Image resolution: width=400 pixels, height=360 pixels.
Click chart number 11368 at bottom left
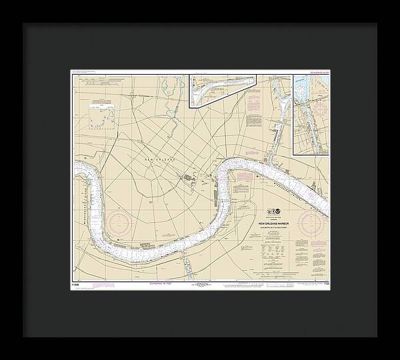pos(74,282)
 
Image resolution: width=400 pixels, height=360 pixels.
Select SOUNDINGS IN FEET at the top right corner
pos(317,71)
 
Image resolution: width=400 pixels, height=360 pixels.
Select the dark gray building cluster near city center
pos(189,178)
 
